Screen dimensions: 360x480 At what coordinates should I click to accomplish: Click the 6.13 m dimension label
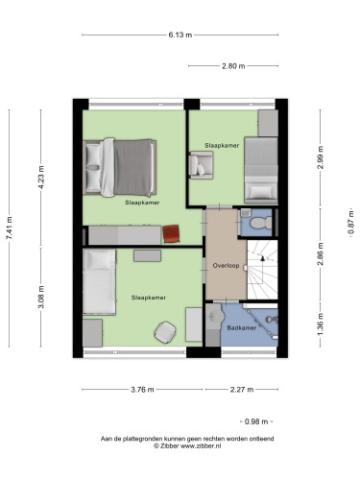(180, 35)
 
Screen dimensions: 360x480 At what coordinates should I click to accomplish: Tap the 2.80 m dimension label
(233, 66)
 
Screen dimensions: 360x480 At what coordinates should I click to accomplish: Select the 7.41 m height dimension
(10, 228)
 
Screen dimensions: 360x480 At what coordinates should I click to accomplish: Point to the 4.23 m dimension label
(41, 177)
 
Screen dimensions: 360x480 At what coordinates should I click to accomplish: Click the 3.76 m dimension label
(142, 390)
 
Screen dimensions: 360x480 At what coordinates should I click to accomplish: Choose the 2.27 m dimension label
(242, 390)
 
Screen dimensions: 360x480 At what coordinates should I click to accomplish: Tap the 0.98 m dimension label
(256, 421)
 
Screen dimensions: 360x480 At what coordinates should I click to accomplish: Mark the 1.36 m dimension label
(321, 324)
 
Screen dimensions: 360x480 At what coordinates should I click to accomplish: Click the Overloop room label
(226, 265)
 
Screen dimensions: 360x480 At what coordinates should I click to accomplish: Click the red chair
(171, 234)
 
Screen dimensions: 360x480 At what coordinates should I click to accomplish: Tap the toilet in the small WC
(260, 223)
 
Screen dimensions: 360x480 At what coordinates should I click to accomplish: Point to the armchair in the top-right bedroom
(201, 165)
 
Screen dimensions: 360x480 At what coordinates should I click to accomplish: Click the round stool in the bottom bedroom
(165, 332)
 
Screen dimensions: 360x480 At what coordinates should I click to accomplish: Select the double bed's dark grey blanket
(133, 167)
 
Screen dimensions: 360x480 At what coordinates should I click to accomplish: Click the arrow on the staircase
(263, 258)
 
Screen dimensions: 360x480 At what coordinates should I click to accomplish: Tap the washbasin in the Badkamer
(215, 317)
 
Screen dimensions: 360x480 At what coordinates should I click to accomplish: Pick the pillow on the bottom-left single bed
(99, 259)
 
